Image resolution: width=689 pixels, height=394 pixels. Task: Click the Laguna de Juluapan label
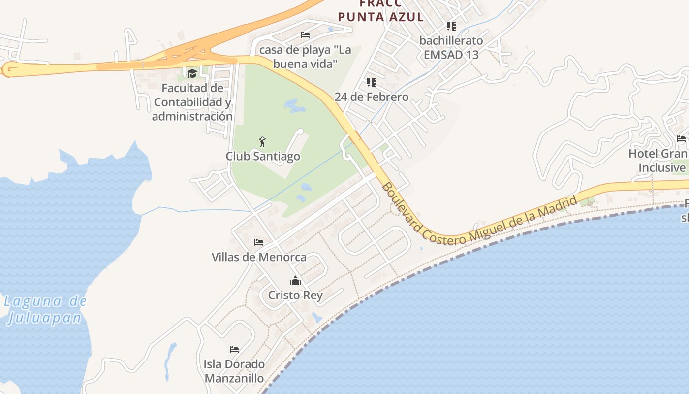tap(45, 309)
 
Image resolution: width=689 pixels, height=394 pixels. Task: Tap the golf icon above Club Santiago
tap(262, 142)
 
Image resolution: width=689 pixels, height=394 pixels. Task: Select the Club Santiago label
tap(263, 156)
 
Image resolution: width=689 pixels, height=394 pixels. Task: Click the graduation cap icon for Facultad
tap(192, 74)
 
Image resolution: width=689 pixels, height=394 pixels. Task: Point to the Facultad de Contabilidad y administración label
tap(192, 102)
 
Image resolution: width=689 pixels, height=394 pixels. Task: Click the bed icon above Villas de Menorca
tap(259, 242)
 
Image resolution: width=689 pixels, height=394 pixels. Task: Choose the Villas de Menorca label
tap(259, 257)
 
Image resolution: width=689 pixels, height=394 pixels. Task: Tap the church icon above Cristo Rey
tap(295, 281)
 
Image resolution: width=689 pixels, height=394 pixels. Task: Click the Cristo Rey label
tap(295, 295)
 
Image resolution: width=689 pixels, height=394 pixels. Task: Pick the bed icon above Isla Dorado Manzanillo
tap(234, 350)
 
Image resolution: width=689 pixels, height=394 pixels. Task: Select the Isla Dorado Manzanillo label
tap(234, 371)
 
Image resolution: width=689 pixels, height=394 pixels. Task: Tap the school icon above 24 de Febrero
tap(372, 82)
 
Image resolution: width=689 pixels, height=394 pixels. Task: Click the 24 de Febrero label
tap(372, 97)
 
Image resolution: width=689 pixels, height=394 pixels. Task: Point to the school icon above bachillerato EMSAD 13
tap(451, 26)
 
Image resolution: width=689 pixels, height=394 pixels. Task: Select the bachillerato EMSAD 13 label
tap(451, 47)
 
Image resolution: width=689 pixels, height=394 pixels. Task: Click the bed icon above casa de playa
tap(305, 34)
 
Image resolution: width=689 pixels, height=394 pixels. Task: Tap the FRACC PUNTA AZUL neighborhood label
tap(380, 11)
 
